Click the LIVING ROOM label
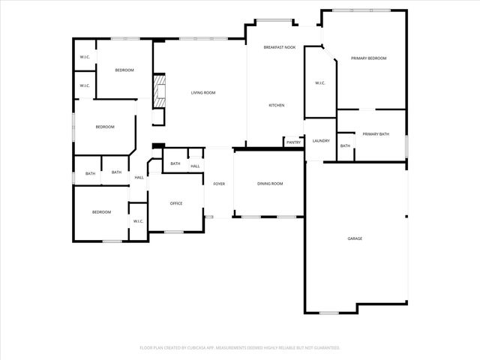point(202,92)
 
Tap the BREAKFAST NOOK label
point(279,47)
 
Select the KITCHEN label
point(276,105)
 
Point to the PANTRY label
point(293,142)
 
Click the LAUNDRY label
point(321,140)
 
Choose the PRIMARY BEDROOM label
point(368,58)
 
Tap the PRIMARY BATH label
point(376,133)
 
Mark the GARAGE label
point(355,238)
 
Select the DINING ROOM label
point(270,183)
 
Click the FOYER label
point(219,183)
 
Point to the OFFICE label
point(176,203)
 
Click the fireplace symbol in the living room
point(158,91)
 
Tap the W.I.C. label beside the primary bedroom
point(319,82)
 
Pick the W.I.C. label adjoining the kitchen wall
point(319,82)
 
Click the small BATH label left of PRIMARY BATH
point(345,145)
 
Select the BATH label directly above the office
point(175,163)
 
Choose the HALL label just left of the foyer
point(195,166)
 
